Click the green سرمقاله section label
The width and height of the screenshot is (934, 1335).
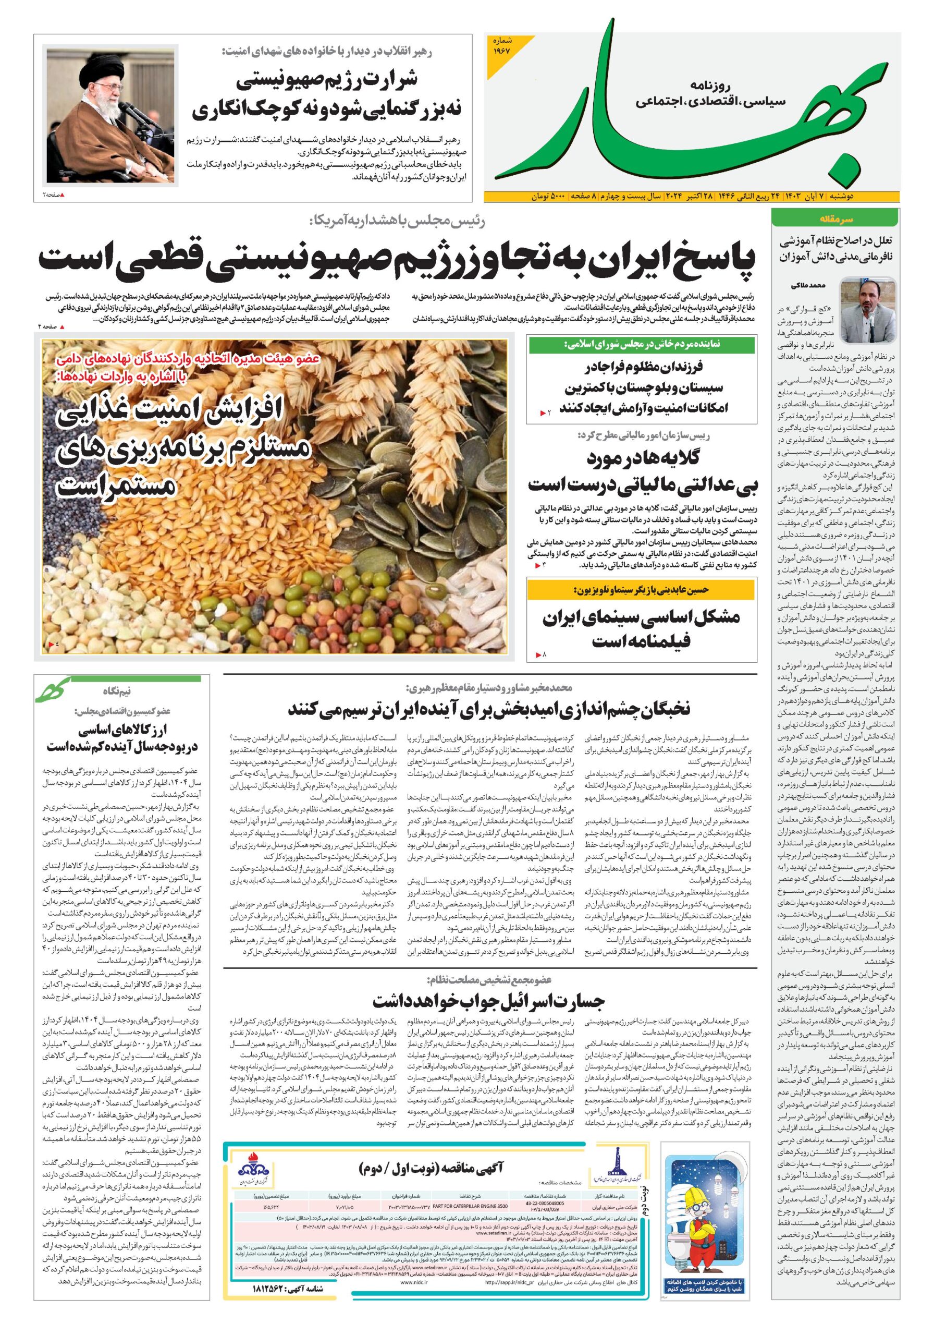[834, 219]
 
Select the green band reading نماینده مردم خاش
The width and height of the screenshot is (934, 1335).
[642, 345]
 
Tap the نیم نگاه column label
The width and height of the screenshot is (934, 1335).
[117, 691]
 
